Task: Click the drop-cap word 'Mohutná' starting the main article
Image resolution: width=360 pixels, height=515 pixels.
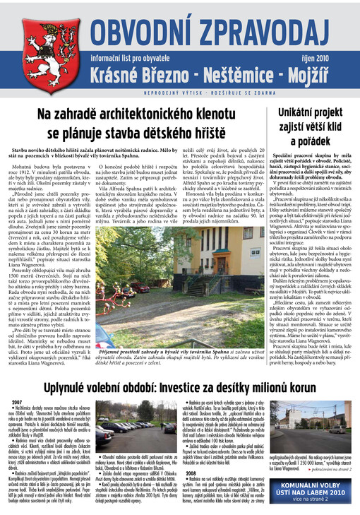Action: click(26, 167)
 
